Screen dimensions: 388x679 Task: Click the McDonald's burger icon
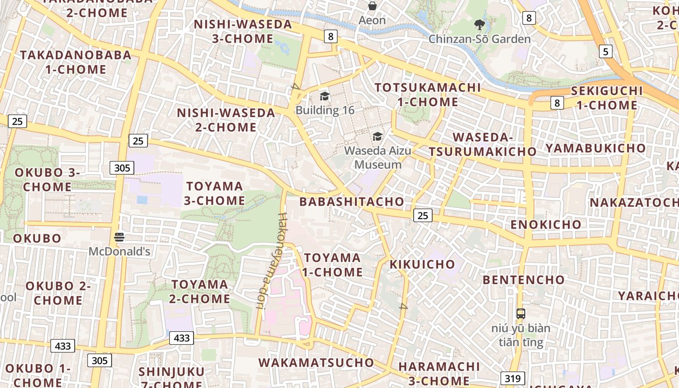119,237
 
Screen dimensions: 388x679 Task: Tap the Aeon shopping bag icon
372,6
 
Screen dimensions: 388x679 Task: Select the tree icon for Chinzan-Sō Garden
480,24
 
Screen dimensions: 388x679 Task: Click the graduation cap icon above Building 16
324,96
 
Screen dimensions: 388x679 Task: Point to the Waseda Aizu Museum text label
378,158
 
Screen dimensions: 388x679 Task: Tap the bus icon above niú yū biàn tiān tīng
521,314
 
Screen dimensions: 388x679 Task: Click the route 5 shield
605,51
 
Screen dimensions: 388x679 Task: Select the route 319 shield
513,378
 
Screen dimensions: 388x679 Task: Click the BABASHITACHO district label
352,202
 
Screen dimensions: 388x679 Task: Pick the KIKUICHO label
422,264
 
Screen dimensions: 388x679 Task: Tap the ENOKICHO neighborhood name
546,225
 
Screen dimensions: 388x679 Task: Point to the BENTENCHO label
524,280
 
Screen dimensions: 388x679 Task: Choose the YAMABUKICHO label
596,148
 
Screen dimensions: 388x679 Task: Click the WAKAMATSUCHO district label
316,363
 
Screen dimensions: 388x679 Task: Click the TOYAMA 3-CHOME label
215,194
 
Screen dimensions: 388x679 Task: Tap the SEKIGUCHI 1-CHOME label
607,98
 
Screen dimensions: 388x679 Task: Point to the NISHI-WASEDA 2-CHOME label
226,120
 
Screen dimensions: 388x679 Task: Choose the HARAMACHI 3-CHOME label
434,373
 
